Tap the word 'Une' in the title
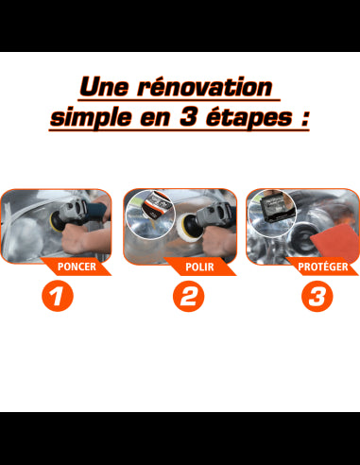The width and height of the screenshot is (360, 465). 105,88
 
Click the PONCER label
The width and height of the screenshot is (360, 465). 77,267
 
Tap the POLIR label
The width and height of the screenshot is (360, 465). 200,267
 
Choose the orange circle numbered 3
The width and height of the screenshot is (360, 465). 317,299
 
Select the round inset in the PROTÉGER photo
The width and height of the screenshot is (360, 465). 268,210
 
